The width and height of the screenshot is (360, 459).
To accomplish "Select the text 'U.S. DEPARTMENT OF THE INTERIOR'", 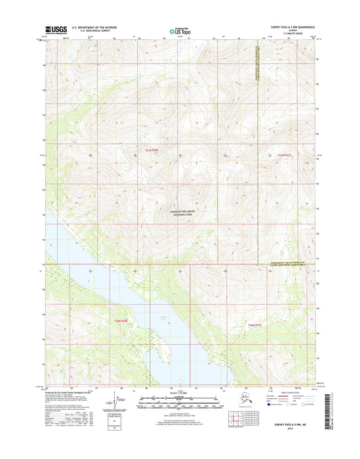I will (x=89, y=28).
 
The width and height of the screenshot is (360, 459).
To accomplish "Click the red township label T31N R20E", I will (x=154, y=150).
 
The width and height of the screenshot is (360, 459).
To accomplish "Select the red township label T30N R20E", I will (x=121, y=320).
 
